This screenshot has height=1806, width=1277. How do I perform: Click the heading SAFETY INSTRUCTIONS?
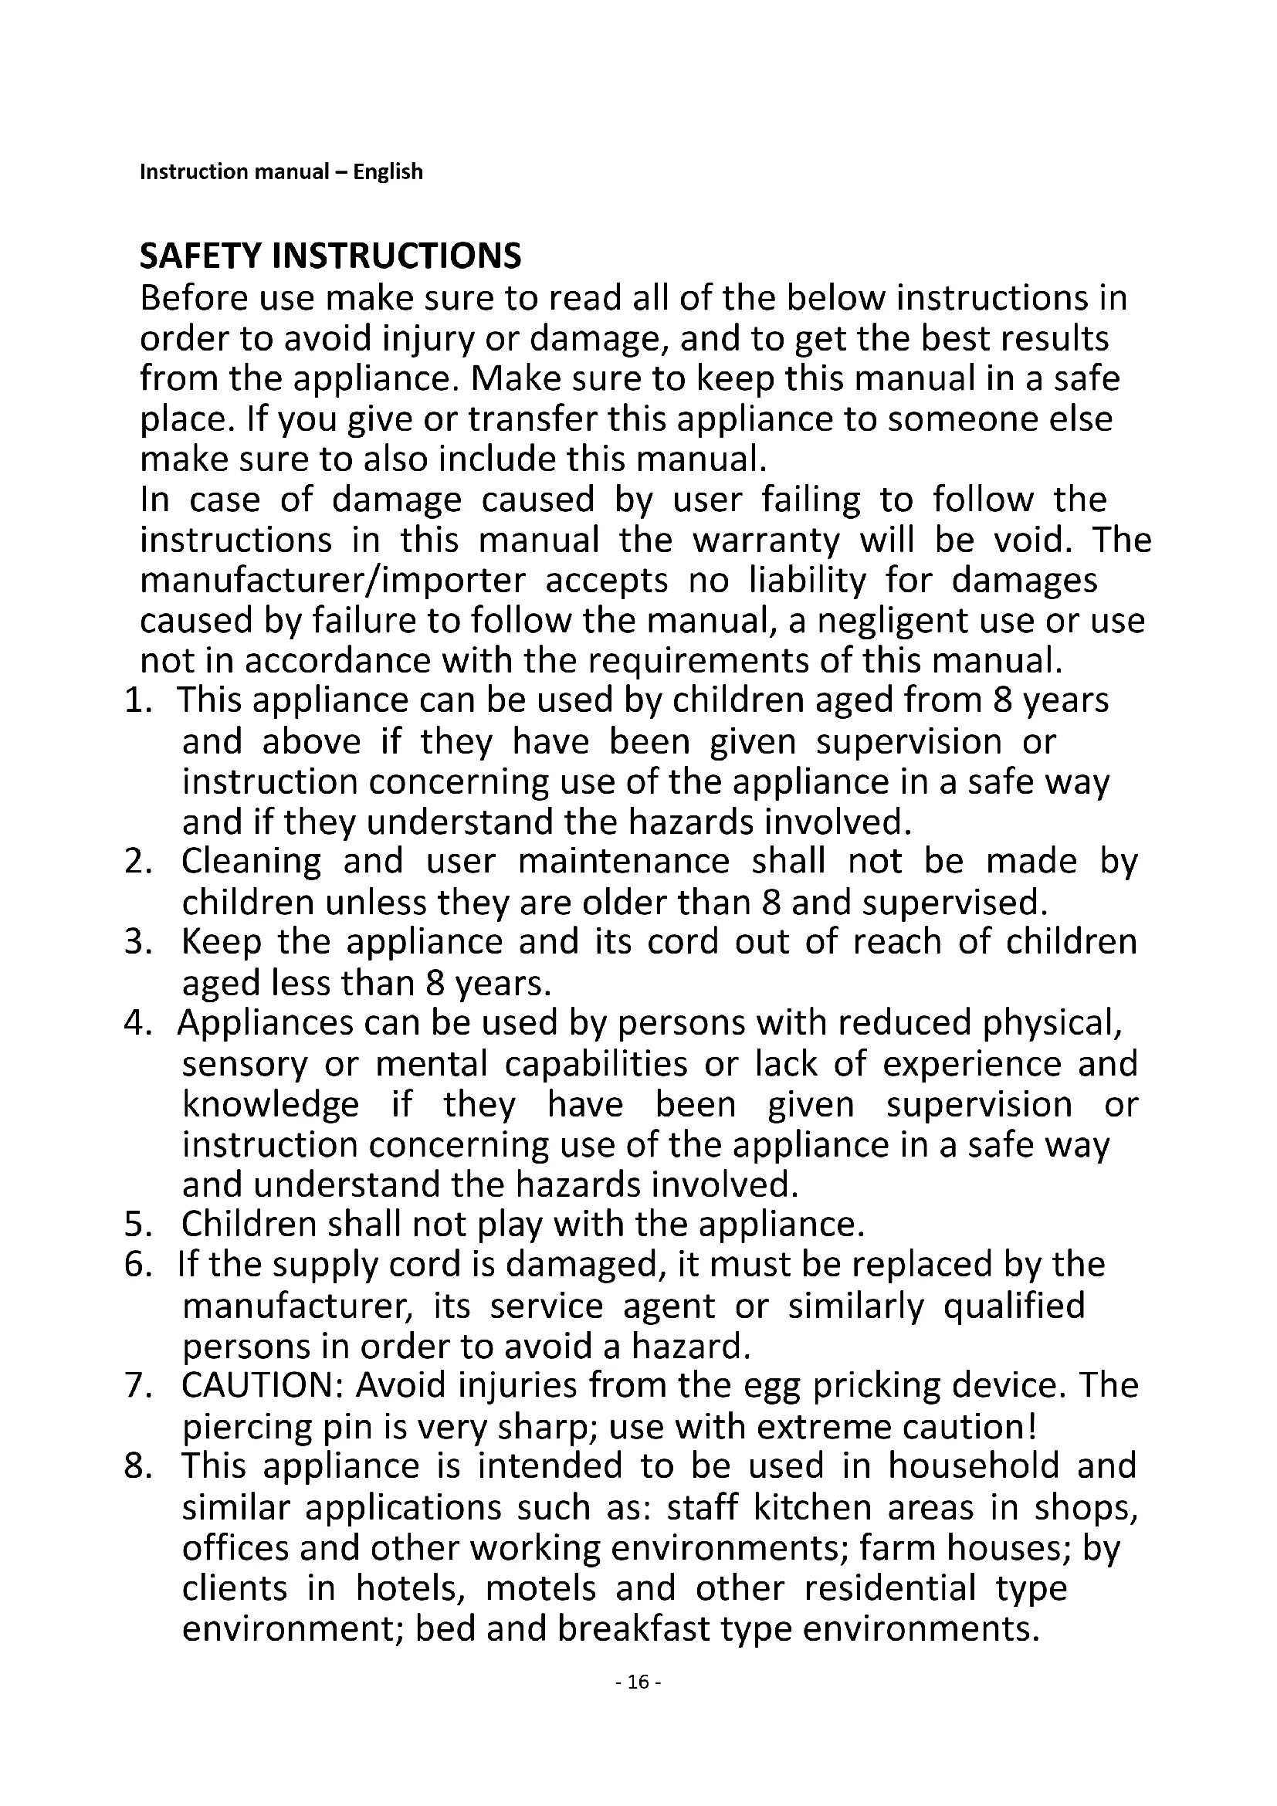330,256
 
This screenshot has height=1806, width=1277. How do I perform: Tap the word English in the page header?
388,171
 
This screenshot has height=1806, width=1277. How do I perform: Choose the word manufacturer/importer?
333,581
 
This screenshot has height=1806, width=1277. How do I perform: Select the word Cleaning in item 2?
252,862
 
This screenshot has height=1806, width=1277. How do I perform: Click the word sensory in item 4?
245,1064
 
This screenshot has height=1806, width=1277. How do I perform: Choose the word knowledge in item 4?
270,1104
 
